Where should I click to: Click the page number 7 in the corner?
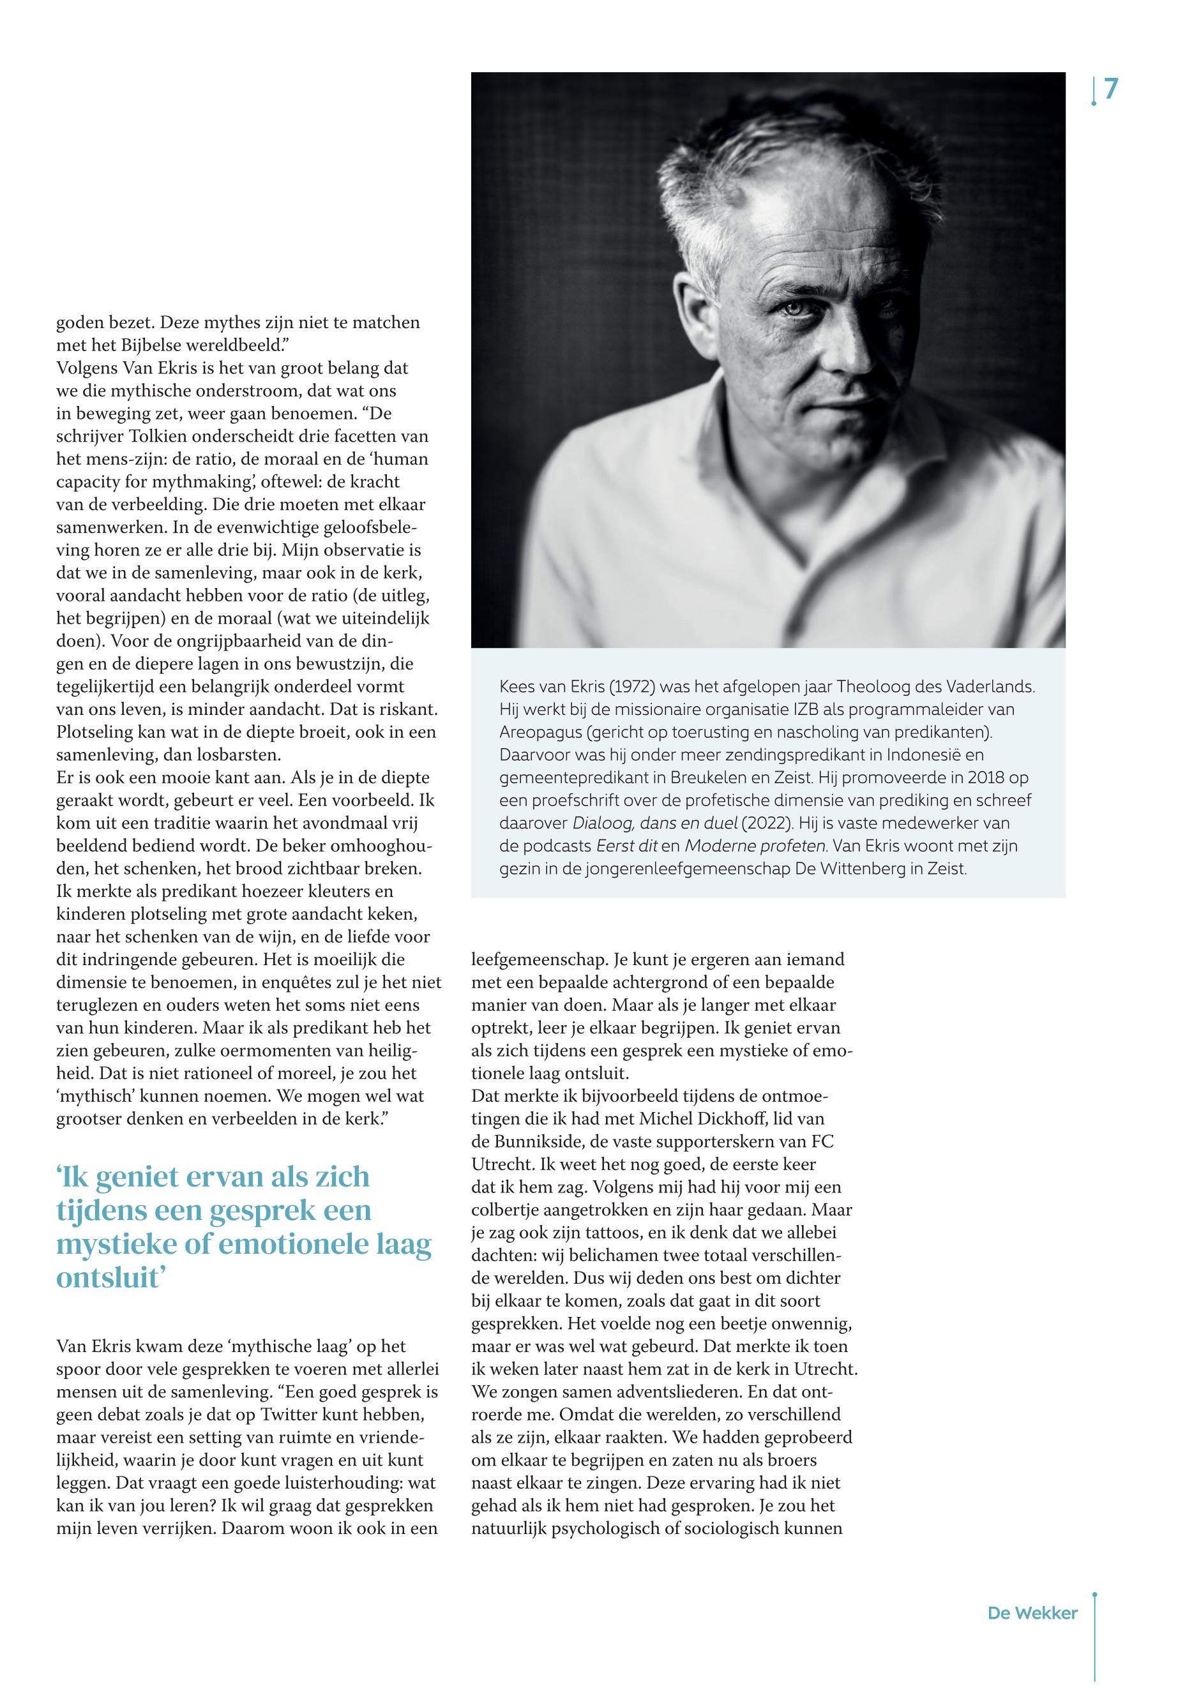(1111, 90)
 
